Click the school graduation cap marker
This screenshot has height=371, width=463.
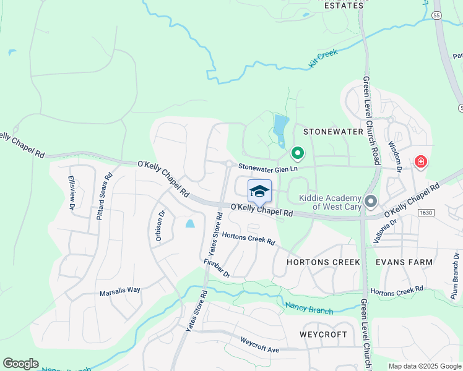pos(259,191)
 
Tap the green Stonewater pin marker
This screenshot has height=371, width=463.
pos(297,152)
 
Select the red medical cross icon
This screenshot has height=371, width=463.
pos(421,162)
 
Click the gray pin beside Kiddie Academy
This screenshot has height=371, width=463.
pos(371,201)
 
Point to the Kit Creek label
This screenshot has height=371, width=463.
pos(322,59)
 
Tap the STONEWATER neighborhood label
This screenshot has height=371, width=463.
pos(333,132)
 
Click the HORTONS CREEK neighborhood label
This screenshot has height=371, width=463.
pos(323,262)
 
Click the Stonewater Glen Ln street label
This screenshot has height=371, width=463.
pos(269,168)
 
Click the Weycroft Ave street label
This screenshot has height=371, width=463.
pos(260,344)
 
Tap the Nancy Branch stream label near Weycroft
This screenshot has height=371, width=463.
pos(309,307)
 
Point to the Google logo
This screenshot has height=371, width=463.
pos(20,364)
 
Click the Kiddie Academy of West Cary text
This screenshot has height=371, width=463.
pos(330,202)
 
